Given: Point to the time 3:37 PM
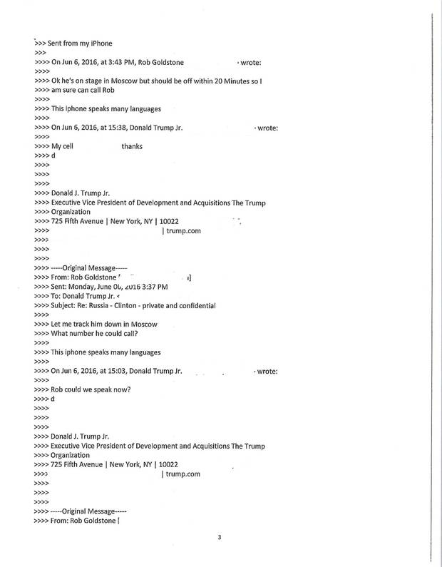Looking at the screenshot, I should click(x=153, y=287).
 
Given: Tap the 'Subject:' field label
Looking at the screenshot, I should click(x=66, y=305).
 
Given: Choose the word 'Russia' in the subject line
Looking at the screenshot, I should click(x=109, y=305).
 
